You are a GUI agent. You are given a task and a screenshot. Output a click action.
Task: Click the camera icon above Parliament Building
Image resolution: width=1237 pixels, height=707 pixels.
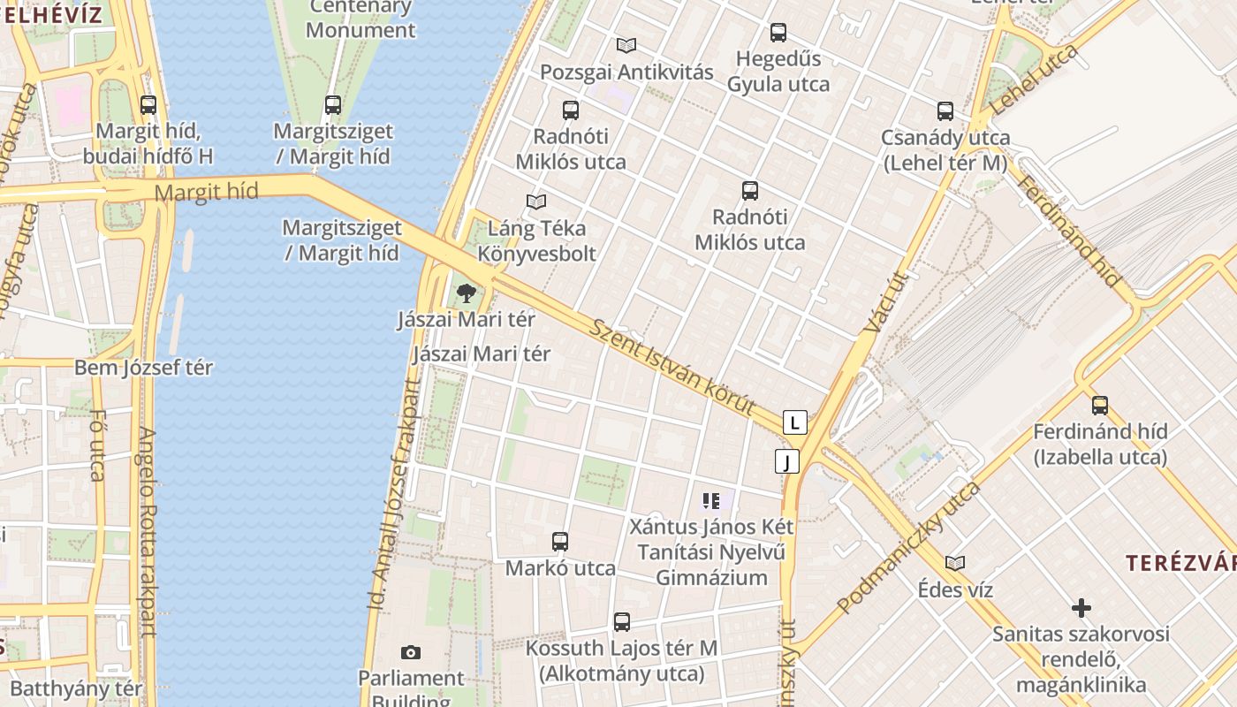click(410, 653)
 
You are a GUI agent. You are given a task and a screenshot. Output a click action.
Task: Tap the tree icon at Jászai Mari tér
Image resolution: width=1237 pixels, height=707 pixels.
click(466, 293)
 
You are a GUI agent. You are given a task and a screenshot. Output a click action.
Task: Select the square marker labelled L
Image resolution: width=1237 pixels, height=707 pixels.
click(795, 422)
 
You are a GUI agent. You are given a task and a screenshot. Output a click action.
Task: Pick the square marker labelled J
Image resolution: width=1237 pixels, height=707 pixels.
click(786, 461)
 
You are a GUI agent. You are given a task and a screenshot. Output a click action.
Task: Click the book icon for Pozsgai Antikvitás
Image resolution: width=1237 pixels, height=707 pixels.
click(626, 45)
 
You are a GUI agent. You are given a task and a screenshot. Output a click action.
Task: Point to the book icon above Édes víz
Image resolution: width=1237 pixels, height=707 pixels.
click(954, 563)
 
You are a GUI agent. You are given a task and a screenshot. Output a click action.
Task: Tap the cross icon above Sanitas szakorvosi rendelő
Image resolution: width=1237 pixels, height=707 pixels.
click(1081, 608)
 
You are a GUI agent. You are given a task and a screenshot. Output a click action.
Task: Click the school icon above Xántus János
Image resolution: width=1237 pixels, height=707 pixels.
click(711, 502)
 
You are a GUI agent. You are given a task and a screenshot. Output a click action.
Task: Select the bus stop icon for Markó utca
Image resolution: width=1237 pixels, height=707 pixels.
click(559, 542)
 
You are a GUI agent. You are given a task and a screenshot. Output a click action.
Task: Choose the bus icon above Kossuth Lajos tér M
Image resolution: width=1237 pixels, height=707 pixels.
click(622, 622)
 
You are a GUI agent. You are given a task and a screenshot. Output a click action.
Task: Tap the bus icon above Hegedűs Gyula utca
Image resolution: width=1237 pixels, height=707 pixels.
click(778, 33)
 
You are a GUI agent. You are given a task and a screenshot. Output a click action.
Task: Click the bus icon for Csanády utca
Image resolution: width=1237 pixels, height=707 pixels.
click(945, 111)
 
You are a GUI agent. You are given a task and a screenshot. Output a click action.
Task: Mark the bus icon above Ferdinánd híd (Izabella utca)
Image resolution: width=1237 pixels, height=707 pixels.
click(1100, 406)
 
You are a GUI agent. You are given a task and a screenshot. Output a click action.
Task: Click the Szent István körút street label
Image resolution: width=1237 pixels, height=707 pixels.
click(672, 367)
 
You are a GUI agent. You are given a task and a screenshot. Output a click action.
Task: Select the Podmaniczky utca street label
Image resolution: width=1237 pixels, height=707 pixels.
click(909, 548)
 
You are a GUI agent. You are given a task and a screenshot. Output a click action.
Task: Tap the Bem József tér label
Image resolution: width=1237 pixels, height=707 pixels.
click(143, 368)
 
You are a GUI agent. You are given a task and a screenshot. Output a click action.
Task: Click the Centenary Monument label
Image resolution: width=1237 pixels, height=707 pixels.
click(360, 19)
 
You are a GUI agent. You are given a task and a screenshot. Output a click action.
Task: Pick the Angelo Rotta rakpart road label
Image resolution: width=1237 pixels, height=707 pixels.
click(147, 532)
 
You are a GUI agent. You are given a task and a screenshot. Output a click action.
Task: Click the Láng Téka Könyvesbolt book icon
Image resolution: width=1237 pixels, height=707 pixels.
click(535, 201)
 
